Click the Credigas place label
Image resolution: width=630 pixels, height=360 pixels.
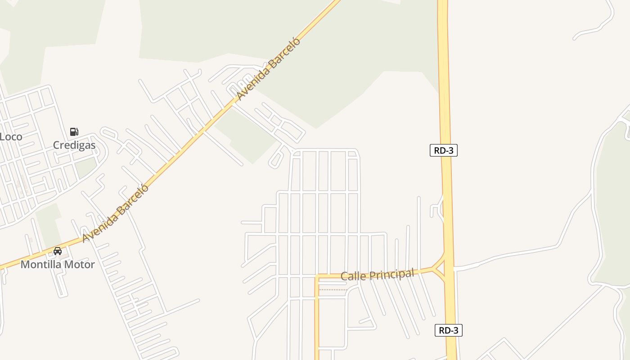coord(74,145)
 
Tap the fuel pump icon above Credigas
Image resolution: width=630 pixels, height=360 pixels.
coord(74,132)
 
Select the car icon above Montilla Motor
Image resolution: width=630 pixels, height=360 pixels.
coord(58,251)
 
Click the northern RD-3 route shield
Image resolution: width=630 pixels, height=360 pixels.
coord(444,150)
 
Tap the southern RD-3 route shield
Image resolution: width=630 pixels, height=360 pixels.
coord(449,330)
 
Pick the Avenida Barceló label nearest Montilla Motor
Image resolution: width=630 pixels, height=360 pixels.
coord(115,213)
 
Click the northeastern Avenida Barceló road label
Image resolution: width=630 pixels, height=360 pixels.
coord(268,69)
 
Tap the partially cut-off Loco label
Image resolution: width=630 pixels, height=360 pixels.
coord(11,137)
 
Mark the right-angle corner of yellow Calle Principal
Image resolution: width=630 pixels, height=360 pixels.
coord(317,276)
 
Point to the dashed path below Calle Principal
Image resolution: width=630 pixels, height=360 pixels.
coord(333,290)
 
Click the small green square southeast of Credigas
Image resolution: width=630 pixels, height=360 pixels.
coord(85,167)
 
